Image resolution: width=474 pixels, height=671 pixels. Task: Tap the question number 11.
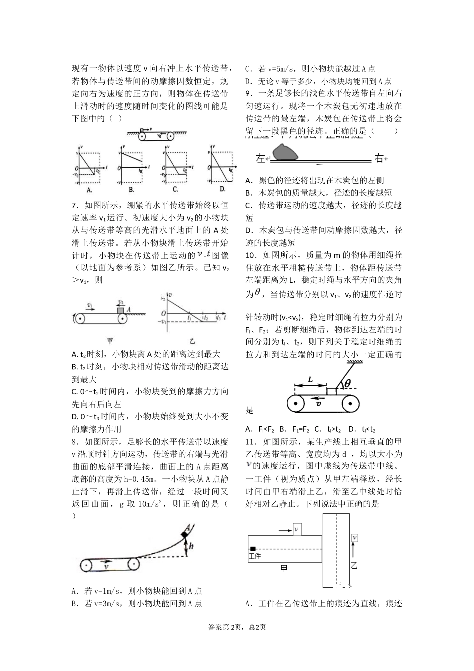pyautogui.click(x=251, y=442)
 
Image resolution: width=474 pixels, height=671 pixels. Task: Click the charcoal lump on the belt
pyautogui.click(x=285, y=152)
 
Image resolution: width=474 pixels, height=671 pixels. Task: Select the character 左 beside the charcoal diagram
pyautogui.click(x=260, y=159)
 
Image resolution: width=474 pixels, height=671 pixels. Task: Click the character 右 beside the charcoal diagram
pyautogui.click(x=379, y=159)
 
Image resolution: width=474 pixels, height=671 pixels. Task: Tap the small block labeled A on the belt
pyautogui.click(x=120, y=310)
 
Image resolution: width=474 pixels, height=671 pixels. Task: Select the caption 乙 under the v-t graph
pyautogui.click(x=193, y=341)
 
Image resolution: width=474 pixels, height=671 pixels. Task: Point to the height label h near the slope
pyautogui.click(x=192, y=547)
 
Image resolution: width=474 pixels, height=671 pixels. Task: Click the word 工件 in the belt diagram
pyautogui.click(x=255, y=556)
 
